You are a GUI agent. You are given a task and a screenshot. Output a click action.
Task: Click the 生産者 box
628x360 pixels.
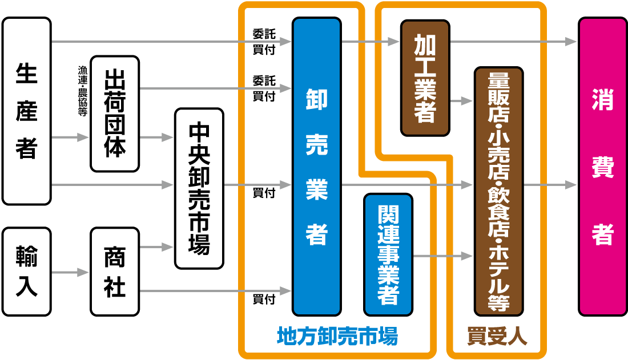(27, 111)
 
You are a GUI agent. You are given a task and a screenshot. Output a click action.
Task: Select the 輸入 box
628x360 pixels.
(27, 272)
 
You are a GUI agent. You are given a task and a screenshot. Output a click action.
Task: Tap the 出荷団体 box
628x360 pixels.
(115, 114)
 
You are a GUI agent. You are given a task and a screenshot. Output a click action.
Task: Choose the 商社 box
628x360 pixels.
(115, 272)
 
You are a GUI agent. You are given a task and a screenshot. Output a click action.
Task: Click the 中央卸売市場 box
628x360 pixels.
(199, 188)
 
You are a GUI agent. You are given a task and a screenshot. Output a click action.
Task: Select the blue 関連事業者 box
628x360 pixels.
(388, 254)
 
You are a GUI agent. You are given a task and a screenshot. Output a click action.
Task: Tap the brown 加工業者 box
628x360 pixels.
(425, 78)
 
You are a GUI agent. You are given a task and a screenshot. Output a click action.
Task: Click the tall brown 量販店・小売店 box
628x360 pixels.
(498, 191)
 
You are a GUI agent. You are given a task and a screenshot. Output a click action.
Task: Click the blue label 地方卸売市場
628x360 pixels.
(337, 336)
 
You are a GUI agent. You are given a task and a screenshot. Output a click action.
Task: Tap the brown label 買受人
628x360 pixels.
(497, 336)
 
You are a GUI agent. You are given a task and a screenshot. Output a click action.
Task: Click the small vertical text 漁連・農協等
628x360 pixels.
(81, 91)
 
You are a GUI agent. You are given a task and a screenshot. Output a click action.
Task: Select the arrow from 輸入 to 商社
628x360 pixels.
(70, 273)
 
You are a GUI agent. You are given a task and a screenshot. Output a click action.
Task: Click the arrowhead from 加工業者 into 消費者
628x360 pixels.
(571, 42)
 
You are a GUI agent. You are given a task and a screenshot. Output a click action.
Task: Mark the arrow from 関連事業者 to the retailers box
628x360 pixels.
(442, 257)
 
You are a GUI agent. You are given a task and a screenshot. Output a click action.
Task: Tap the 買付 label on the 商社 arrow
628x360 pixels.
(264, 299)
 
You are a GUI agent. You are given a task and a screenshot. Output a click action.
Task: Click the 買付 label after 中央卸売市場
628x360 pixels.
(264, 193)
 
